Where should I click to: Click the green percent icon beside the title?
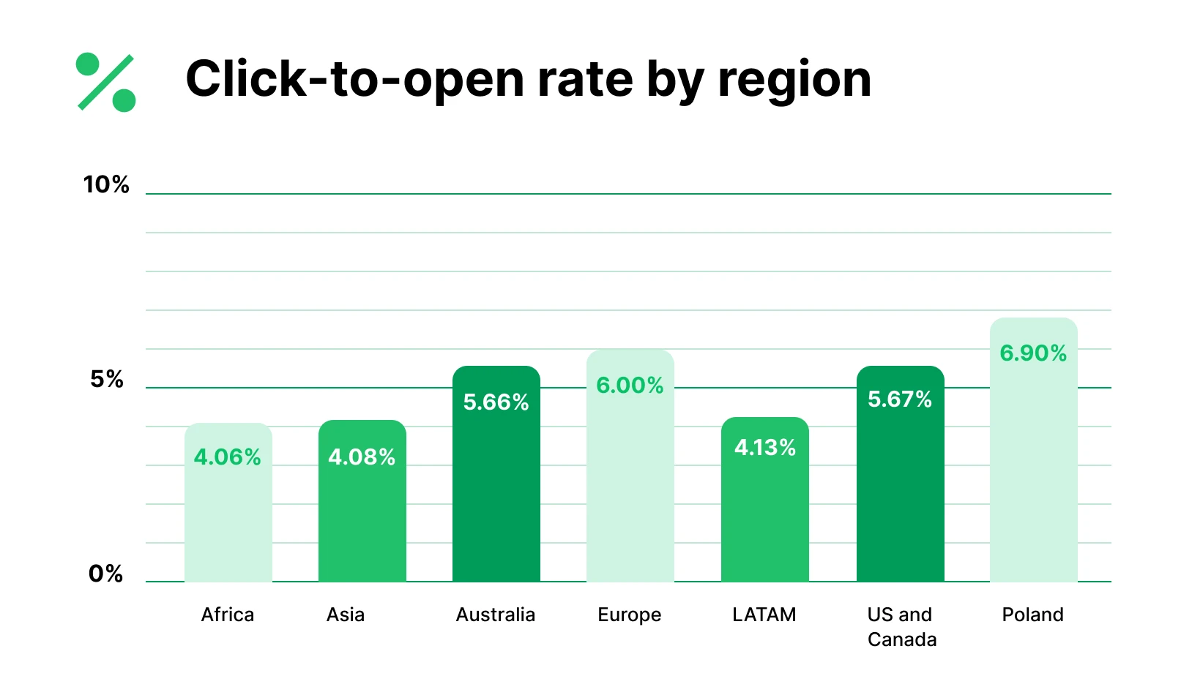click(x=106, y=82)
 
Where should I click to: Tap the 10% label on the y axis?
click(x=106, y=184)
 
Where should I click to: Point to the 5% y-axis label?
click(x=107, y=379)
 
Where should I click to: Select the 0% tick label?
click(x=106, y=574)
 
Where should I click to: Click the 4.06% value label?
click(x=228, y=457)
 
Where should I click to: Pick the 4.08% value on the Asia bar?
click(x=362, y=457)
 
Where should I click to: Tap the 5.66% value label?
click(x=496, y=402)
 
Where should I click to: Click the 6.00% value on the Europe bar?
click(x=630, y=385)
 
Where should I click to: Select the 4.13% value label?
click(x=765, y=447)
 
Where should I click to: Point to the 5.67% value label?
click(x=900, y=399)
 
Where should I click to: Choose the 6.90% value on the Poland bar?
click(x=1033, y=353)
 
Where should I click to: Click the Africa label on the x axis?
click(x=228, y=615)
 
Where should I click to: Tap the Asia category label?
click(x=346, y=615)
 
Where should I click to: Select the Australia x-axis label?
click(x=496, y=615)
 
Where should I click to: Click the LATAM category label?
click(x=764, y=615)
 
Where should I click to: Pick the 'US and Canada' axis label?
click(x=901, y=627)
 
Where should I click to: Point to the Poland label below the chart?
click(x=1032, y=615)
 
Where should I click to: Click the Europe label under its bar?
click(x=630, y=615)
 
